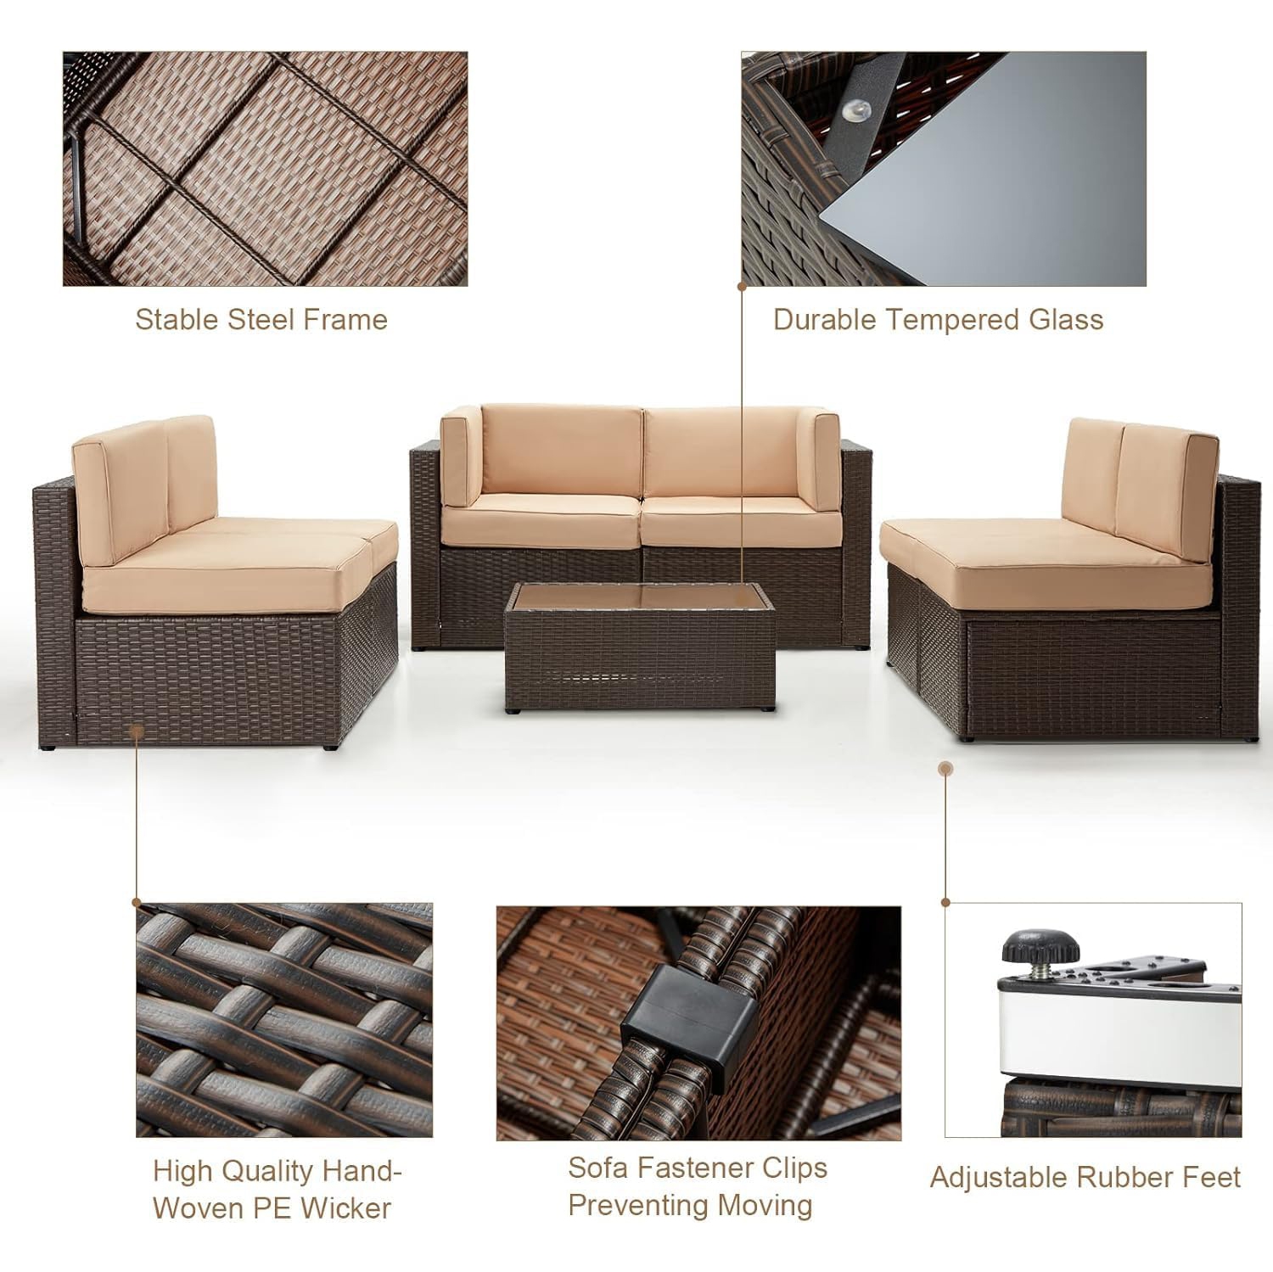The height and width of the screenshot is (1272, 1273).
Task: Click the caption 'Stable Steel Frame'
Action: pyautogui.click(x=261, y=320)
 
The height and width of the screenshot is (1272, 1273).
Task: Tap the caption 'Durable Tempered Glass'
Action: pyautogui.click(x=938, y=320)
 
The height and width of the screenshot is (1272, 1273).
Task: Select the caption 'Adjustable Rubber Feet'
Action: pyautogui.click(x=1085, y=1178)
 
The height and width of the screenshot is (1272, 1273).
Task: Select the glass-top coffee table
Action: pyautogui.click(x=639, y=645)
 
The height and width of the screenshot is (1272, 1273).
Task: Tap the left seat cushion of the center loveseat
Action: pyautogui.click(x=541, y=518)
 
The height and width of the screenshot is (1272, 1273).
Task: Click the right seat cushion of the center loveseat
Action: pyautogui.click(x=740, y=522)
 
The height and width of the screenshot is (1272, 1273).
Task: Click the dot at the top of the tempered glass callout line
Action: pyautogui.click(x=742, y=287)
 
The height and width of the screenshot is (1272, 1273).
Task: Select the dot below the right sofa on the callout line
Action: pyautogui.click(x=946, y=769)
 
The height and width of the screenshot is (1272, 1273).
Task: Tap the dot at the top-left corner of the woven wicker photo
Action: pyautogui.click(x=137, y=903)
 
